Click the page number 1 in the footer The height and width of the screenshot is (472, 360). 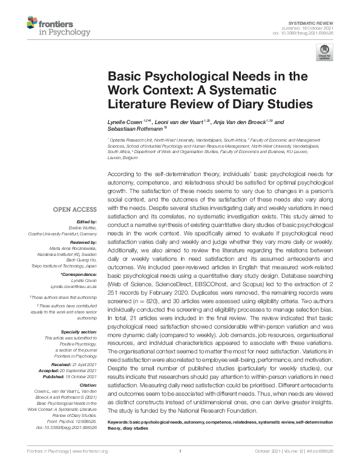[x=180, y=451]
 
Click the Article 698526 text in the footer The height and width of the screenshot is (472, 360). [x=319, y=451]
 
